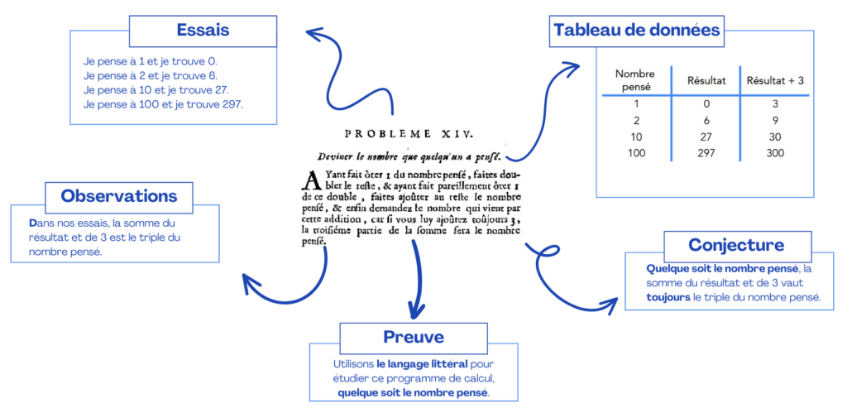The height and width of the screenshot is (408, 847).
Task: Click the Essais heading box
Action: coord(203,31)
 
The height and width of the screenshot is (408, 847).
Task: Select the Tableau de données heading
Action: coord(636,31)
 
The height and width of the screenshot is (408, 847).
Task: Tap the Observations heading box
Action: coord(119,197)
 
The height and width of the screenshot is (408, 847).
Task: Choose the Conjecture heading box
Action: coord(735,245)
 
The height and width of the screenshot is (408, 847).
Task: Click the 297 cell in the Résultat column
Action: coord(706,153)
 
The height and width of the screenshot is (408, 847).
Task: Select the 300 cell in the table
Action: coord(774,153)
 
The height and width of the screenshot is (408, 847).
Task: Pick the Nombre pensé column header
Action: coord(635,79)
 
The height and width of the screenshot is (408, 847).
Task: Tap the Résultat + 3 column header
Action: coord(775,80)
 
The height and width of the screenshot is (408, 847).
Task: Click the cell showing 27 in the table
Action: coord(706,137)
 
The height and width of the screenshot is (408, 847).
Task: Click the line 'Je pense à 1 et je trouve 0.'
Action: coord(151,61)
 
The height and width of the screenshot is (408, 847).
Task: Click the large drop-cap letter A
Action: coord(310,180)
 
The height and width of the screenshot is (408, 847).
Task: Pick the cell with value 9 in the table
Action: coord(774,120)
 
